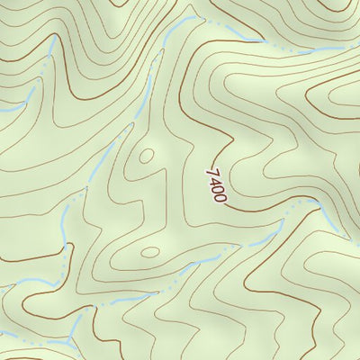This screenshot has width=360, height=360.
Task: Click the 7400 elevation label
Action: (x=216, y=184)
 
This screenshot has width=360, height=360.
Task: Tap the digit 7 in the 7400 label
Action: (x=211, y=171)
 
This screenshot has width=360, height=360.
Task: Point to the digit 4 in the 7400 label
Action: (x=214, y=179)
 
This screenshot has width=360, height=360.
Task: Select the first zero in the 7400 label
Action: (x=218, y=188)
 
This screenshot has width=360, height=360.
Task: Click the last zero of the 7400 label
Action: (x=220, y=196)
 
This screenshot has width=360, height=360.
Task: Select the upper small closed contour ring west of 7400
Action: (x=145, y=156)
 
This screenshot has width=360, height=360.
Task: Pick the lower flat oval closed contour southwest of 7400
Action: (x=150, y=252)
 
